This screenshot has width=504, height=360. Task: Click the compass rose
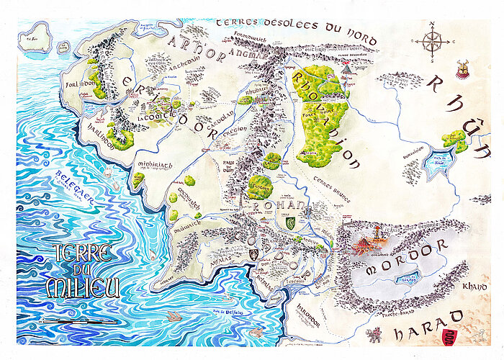(x=433, y=41)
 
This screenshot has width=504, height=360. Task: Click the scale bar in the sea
(x=79, y=320)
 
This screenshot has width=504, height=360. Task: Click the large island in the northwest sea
(x=35, y=37)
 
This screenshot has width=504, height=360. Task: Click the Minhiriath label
(x=154, y=168)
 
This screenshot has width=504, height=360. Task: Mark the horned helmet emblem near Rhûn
(x=461, y=70)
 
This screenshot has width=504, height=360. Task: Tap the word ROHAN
(x=273, y=207)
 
